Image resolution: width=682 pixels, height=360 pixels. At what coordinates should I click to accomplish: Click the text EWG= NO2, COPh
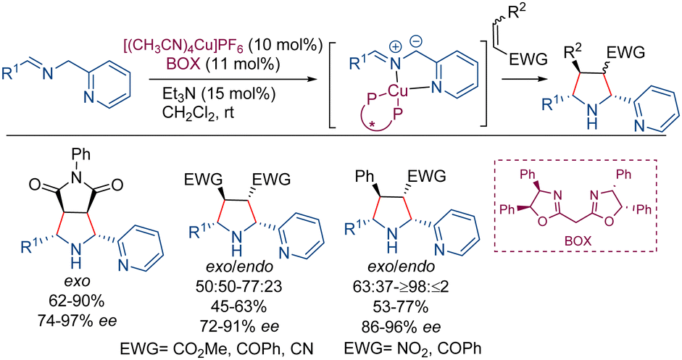[x=413, y=348]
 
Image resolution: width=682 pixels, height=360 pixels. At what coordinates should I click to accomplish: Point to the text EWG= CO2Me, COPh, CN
[x=217, y=348]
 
